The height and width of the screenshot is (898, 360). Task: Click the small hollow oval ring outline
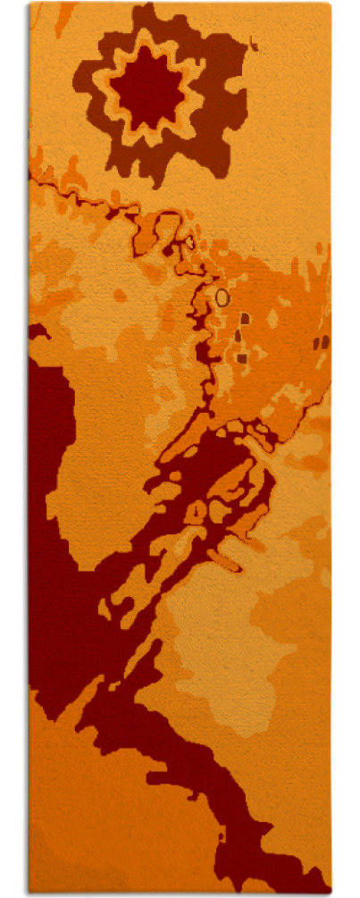tap(222, 297)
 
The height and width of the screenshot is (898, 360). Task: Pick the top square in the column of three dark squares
tap(245, 318)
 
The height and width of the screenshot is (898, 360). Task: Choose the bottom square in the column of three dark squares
tap(241, 358)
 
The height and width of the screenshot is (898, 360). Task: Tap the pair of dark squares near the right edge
tap(321, 341)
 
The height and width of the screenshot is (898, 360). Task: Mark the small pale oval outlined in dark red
tap(189, 241)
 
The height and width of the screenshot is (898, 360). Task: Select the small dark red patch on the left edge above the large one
tap(37, 332)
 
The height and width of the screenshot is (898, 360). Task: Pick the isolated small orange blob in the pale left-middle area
tap(120, 295)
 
